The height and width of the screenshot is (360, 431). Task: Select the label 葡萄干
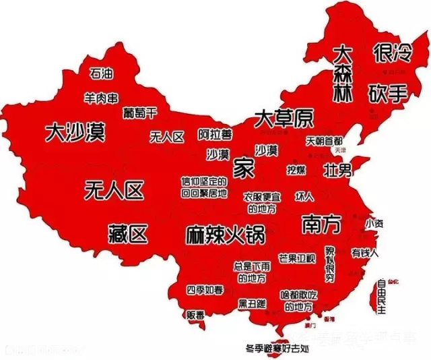pos(140,111)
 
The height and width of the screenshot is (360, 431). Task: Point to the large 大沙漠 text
pos(75,131)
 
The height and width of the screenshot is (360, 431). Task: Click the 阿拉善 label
pos(214,134)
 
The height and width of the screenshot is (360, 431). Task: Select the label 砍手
pos(387,93)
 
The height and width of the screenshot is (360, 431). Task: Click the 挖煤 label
pos(296,169)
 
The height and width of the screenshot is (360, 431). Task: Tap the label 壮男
pos(337,169)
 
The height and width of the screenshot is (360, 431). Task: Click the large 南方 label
pos(321,222)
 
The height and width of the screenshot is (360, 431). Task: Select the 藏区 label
pos(127,234)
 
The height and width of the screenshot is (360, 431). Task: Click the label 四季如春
pos(205,291)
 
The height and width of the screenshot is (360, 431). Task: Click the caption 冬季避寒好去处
pos(277,349)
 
